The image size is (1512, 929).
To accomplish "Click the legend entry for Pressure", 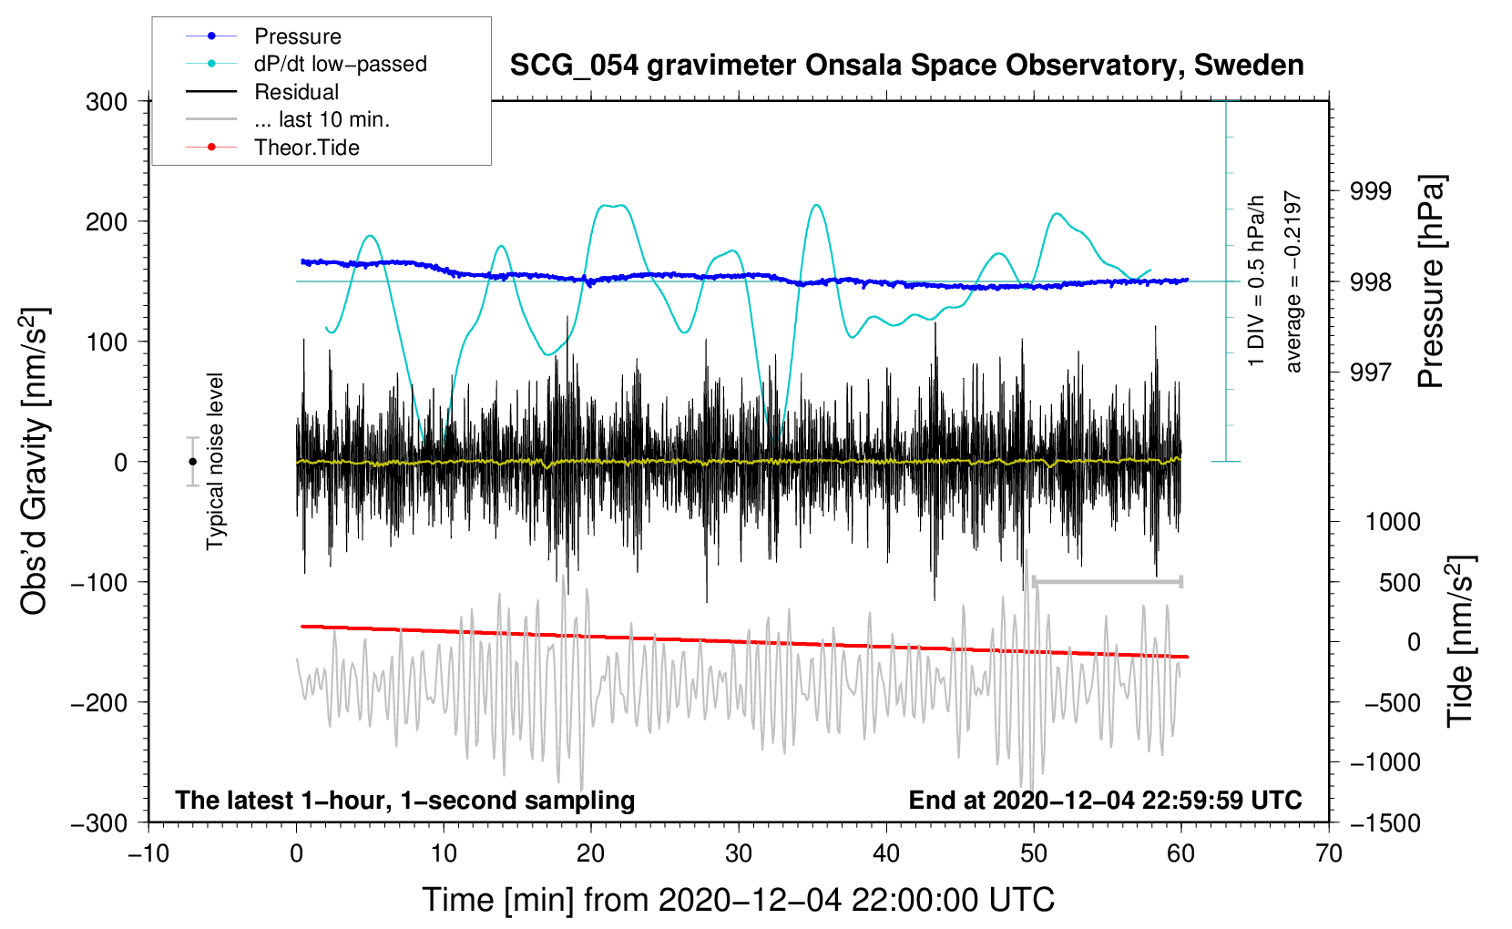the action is click(x=263, y=36).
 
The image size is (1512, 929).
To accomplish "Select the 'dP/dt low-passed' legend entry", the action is click(x=306, y=64).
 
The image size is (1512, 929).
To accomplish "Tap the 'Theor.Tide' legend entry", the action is click(x=272, y=148).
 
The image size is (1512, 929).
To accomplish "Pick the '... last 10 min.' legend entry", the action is click(x=288, y=119).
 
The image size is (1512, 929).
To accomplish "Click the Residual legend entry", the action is click(x=262, y=92).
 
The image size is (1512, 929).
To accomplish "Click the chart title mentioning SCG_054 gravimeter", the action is click(x=906, y=66).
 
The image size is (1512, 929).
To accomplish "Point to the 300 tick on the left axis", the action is click(x=107, y=102).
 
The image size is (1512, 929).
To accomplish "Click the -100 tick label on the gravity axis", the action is click(x=99, y=583).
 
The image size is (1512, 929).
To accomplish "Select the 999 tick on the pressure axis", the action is click(x=1371, y=191).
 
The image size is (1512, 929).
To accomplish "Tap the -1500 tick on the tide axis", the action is click(x=1385, y=823).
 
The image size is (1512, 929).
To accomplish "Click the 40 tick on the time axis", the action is click(x=886, y=853).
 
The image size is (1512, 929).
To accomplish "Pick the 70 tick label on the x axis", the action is click(x=1328, y=853).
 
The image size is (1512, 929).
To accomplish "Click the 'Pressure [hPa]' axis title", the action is click(x=1432, y=281).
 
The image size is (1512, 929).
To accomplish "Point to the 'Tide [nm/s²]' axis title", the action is click(x=1461, y=641).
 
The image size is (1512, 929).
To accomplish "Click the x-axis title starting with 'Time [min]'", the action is click(x=739, y=901).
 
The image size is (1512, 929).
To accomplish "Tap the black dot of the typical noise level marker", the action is click(x=192, y=462).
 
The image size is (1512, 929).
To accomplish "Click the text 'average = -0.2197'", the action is click(x=1292, y=281).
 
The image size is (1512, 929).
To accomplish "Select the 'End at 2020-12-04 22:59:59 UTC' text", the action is click(x=1105, y=800).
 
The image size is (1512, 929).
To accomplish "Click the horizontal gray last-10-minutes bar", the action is click(x=1107, y=582).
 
